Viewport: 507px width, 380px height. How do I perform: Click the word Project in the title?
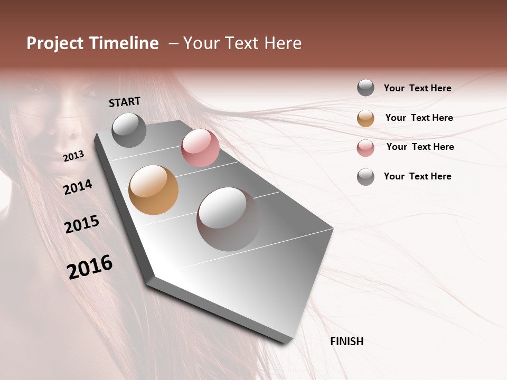(55, 43)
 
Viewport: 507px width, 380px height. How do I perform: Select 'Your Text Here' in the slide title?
(242, 43)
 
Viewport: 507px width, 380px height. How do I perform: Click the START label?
(125, 102)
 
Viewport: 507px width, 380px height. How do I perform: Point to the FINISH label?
(346, 341)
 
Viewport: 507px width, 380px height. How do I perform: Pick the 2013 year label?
(74, 156)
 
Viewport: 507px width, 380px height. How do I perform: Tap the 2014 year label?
(78, 187)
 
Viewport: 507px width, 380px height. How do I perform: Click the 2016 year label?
(90, 267)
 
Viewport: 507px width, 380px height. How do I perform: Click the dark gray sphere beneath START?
(129, 130)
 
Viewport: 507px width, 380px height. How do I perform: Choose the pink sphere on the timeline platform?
(200, 148)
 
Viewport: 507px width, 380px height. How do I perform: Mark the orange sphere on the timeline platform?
(153, 190)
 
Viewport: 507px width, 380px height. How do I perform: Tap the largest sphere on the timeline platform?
(228, 219)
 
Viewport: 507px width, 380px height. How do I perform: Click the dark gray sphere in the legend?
(365, 88)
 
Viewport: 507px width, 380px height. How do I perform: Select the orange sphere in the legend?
(365, 118)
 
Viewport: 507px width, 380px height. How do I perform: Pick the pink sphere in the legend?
(365, 148)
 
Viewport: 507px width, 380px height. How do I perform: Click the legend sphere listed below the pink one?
(365, 177)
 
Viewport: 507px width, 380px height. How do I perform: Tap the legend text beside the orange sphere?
(419, 118)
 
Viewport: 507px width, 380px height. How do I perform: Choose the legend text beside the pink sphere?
(420, 147)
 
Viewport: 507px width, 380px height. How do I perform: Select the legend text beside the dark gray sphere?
(417, 88)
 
